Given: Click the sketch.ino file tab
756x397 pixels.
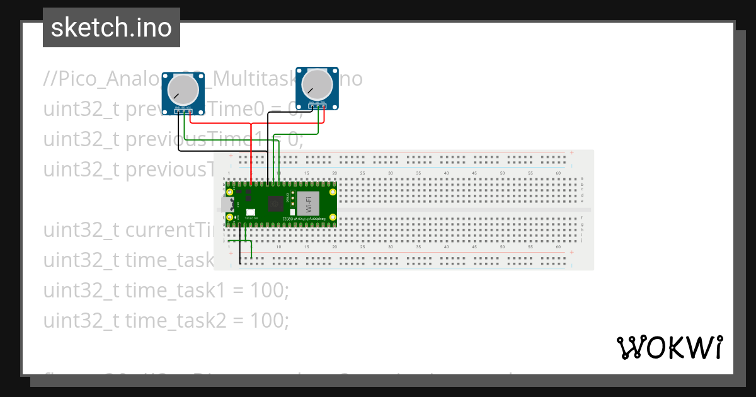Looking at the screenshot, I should (112, 28).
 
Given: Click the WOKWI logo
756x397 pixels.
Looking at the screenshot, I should (669, 347).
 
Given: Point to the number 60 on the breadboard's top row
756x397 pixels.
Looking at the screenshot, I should (558, 173).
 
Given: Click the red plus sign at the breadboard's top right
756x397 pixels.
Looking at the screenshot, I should (571, 152).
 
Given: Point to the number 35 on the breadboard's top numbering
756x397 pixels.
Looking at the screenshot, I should (418, 173).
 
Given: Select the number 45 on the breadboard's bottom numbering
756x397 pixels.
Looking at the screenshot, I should (474, 248).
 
